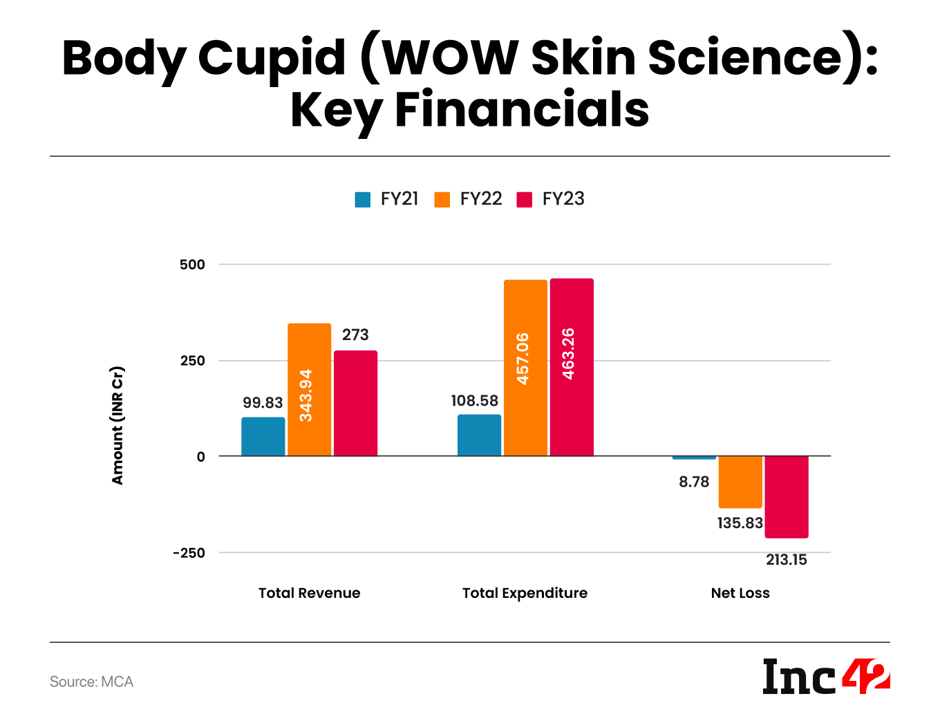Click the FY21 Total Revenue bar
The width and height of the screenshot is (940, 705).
tap(263, 437)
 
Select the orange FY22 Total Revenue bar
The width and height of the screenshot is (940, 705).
tap(309, 390)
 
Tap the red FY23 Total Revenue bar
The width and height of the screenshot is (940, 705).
tap(355, 404)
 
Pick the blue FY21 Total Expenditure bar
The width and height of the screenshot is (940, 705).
tap(479, 435)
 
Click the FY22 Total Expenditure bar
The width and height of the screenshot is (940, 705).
tap(525, 368)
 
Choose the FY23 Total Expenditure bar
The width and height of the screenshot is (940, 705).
tap(572, 367)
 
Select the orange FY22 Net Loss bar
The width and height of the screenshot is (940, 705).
tap(740, 482)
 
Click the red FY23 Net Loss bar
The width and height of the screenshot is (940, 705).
tap(787, 496)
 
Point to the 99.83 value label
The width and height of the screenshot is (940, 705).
tap(263, 403)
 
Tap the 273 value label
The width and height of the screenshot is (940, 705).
tap(355, 335)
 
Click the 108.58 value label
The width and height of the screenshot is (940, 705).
tap(474, 401)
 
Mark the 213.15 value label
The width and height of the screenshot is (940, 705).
tap(787, 560)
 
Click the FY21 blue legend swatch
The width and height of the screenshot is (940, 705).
tap(363, 200)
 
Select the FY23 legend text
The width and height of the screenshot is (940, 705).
tap(563, 199)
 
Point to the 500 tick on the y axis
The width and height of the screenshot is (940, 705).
tap(192, 265)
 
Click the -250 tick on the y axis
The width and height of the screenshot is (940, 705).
tap(189, 553)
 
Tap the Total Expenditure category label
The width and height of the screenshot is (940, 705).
tap(525, 593)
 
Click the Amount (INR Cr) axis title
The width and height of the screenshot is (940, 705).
tap(117, 425)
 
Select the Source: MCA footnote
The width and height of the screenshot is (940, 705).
tap(91, 682)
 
